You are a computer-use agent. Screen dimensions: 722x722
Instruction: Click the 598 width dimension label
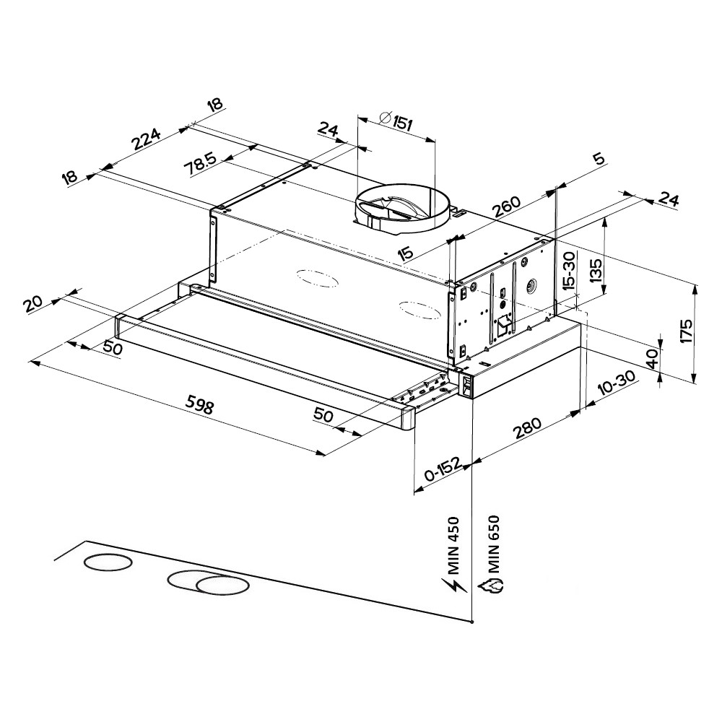201,406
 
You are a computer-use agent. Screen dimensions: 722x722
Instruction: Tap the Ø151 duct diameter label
396,121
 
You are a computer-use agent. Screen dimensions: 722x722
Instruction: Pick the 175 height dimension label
686,330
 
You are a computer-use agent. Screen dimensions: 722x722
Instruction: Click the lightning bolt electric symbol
454,587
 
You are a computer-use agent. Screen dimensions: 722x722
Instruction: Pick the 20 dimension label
33,303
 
